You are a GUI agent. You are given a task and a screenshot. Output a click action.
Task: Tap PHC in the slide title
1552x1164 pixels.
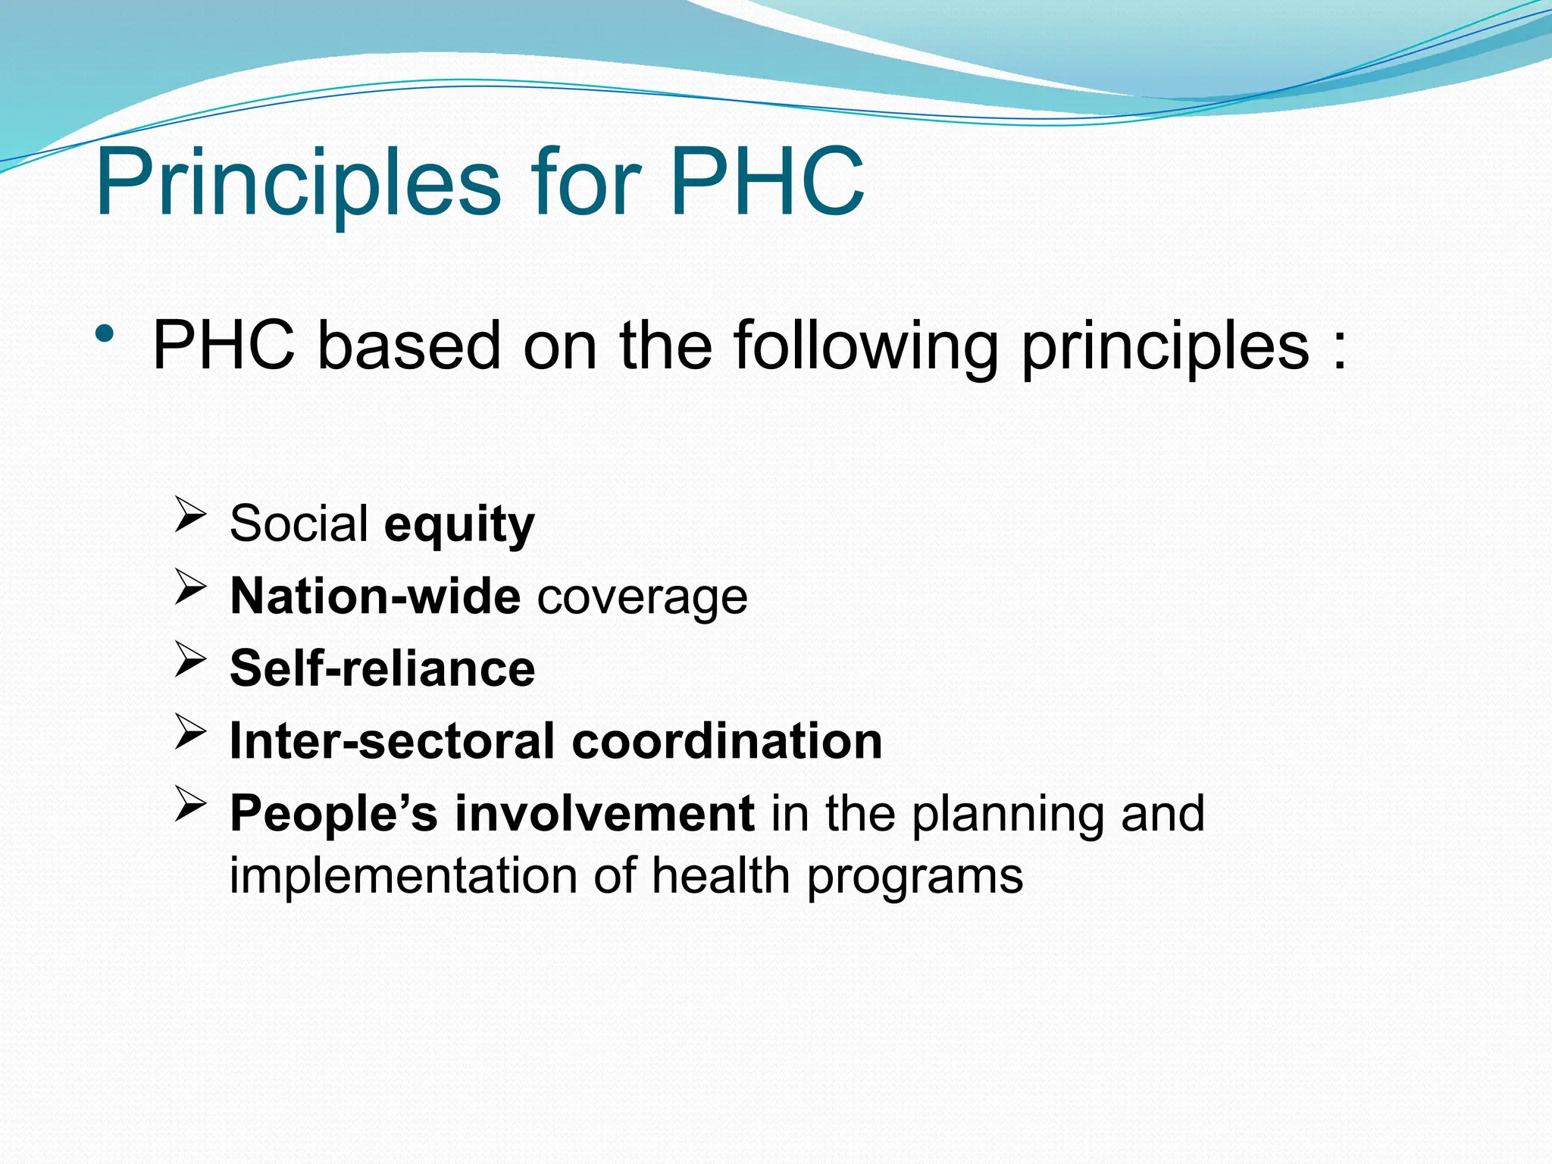click(766, 182)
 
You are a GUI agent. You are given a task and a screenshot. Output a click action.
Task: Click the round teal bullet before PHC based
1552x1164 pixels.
click(105, 334)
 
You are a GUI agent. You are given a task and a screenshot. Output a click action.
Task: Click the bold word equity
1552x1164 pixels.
click(459, 525)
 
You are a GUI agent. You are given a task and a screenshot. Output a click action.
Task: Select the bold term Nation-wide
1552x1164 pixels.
click(375, 596)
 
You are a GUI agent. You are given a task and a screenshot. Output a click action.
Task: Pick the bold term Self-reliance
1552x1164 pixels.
click(382, 668)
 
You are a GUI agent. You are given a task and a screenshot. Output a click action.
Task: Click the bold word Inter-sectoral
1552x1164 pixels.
click(392, 740)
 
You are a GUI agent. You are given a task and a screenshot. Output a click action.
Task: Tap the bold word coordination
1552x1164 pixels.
click(727, 740)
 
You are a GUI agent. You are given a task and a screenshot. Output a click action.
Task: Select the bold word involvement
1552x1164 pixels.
click(604, 813)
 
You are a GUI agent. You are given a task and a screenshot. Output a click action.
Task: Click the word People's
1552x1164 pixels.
click(333, 813)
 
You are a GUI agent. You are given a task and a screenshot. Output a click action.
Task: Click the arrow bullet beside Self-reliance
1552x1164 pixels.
click(190, 659)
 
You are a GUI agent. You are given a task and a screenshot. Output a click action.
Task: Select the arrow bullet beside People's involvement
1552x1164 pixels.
click(190, 803)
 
